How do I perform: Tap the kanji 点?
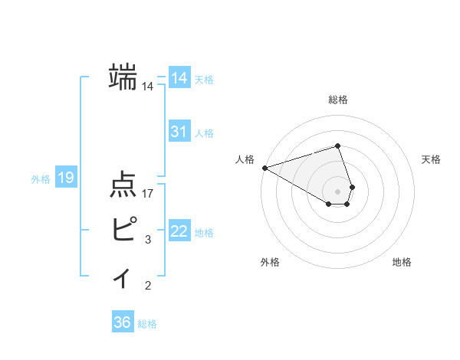click(123, 186)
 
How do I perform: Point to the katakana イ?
click(122, 277)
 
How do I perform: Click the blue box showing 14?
click(179, 78)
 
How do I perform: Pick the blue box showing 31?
click(179, 132)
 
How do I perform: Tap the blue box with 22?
click(179, 231)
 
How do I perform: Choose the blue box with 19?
click(66, 178)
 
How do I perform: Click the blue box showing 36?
click(122, 322)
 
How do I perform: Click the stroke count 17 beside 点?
click(149, 195)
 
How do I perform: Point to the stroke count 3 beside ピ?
click(148, 240)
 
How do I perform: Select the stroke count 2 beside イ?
click(148, 286)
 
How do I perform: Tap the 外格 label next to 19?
click(41, 179)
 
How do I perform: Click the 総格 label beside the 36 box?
click(147, 324)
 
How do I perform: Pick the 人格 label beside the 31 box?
click(204, 133)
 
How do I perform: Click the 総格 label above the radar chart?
click(338, 100)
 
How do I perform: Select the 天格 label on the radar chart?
click(432, 159)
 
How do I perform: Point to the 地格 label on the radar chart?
click(402, 263)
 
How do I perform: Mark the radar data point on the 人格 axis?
click(264, 168)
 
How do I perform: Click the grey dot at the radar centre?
click(338, 191)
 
